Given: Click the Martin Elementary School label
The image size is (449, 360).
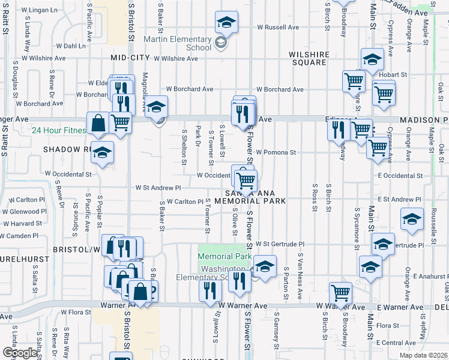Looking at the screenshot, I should pyautogui.click(x=178, y=43).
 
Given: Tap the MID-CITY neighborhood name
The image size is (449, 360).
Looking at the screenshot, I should pyautogui.click(x=130, y=58).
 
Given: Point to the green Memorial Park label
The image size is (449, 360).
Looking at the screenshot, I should pyautogui.click(x=224, y=256).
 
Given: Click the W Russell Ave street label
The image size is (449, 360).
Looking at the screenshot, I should pyautogui.click(x=278, y=27).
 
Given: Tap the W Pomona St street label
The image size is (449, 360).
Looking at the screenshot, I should pyautogui.click(x=276, y=152).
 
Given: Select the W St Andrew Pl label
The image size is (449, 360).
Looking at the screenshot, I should pyautogui.click(x=158, y=188).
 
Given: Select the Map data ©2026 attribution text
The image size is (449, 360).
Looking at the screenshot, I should pyautogui.click(x=424, y=355).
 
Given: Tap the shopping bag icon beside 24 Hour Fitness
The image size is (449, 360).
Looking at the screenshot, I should pyautogui.click(x=98, y=124).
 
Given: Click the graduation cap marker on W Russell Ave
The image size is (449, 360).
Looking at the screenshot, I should pyautogui.click(x=226, y=23).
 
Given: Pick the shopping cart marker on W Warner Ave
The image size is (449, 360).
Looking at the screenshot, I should pyautogui.click(x=340, y=293).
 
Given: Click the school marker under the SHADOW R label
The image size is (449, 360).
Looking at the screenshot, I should pyautogui.click(x=102, y=152).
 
